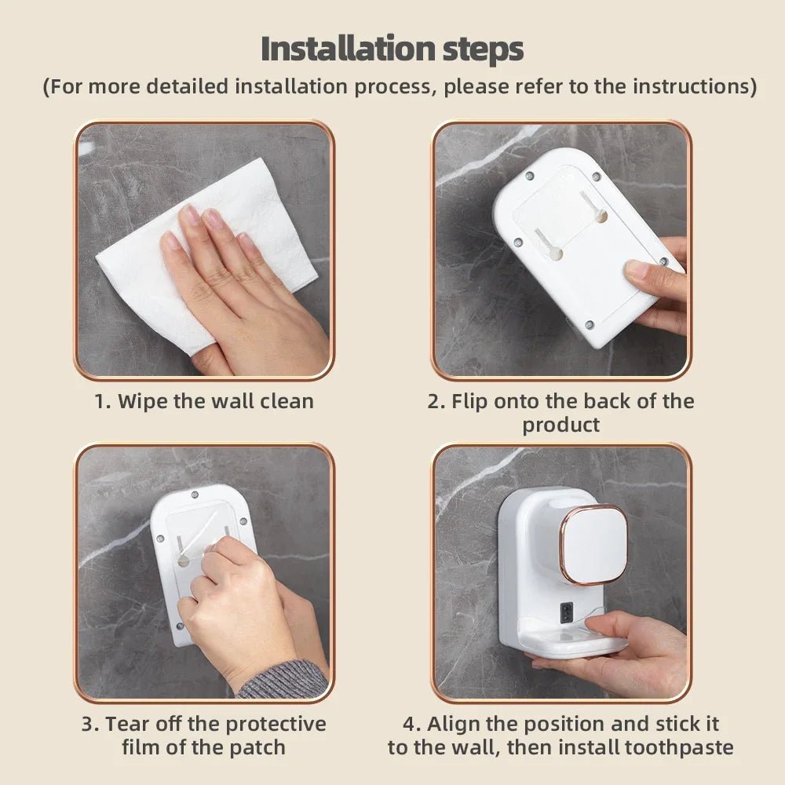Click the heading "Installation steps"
pos(392,49)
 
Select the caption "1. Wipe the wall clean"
pos(204,401)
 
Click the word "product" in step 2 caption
pos(560,425)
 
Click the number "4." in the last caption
pos(413,723)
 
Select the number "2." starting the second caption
pos(436,401)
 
